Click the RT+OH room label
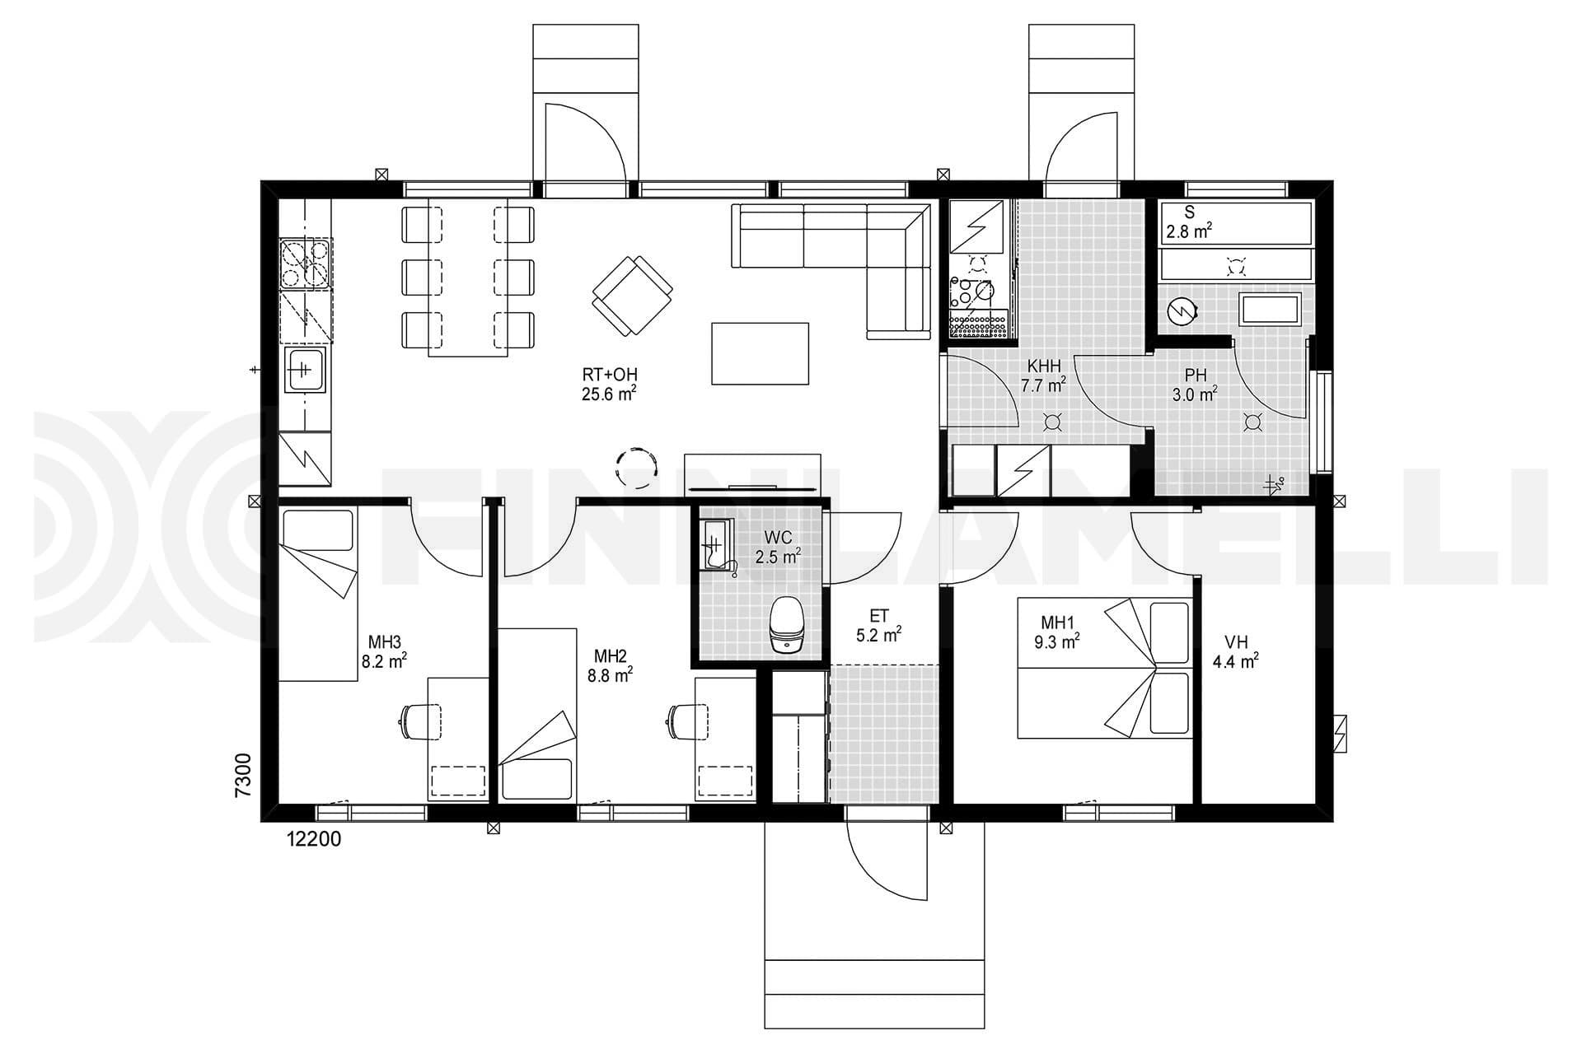pyautogui.click(x=609, y=385)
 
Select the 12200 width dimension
pyautogui.click(x=314, y=839)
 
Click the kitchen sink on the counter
pyautogui.click(x=305, y=369)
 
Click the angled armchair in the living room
pyautogui.click(x=632, y=295)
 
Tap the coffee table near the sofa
pyautogui.click(x=760, y=353)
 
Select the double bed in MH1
pyautogui.click(x=1105, y=668)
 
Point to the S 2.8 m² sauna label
pyautogui.click(x=1188, y=223)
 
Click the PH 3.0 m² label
pyautogui.click(x=1195, y=385)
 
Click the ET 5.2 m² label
pyautogui.click(x=879, y=625)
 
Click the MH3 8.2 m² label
pyautogui.click(x=384, y=651)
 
